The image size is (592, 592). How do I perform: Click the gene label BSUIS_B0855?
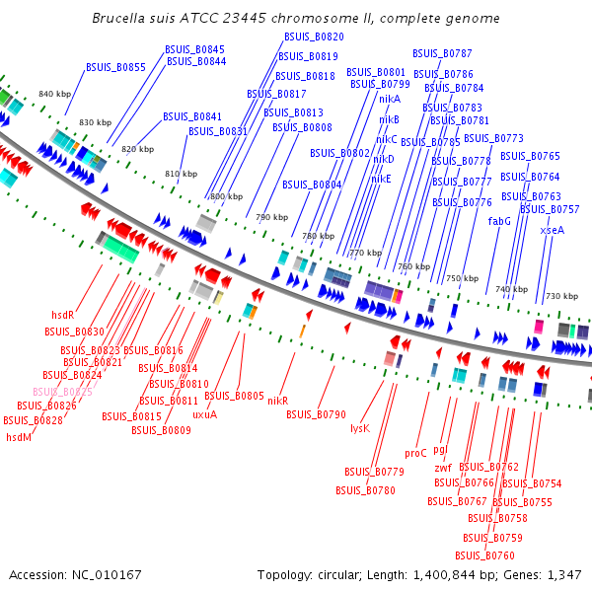point(115,67)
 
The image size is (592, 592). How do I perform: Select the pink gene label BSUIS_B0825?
point(62,392)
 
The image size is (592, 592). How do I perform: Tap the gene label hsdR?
point(63,315)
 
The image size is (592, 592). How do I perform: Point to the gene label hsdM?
point(19,436)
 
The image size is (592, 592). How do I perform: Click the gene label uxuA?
point(204,414)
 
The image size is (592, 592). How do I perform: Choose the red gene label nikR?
point(277,401)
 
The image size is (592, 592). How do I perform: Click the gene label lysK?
point(360,428)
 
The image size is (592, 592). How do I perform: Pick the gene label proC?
point(415,453)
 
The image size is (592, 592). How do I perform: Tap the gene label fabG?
point(499,221)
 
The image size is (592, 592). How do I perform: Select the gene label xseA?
point(552,229)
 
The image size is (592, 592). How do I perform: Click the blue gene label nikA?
point(390,99)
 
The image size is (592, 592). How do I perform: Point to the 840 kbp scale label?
point(54,94)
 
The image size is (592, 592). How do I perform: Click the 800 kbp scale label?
point(226,196)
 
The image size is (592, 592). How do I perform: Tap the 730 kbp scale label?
point(561,296)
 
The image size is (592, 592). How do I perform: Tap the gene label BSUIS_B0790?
point(316,414)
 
